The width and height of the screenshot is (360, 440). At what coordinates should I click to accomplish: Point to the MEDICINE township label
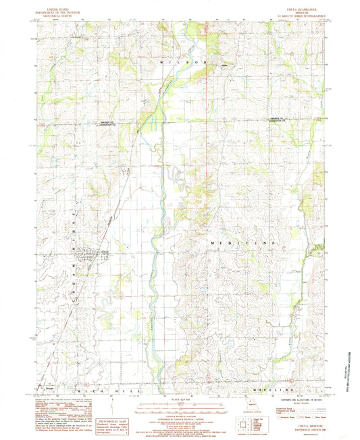pyautogui.click(x=242, y=242)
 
